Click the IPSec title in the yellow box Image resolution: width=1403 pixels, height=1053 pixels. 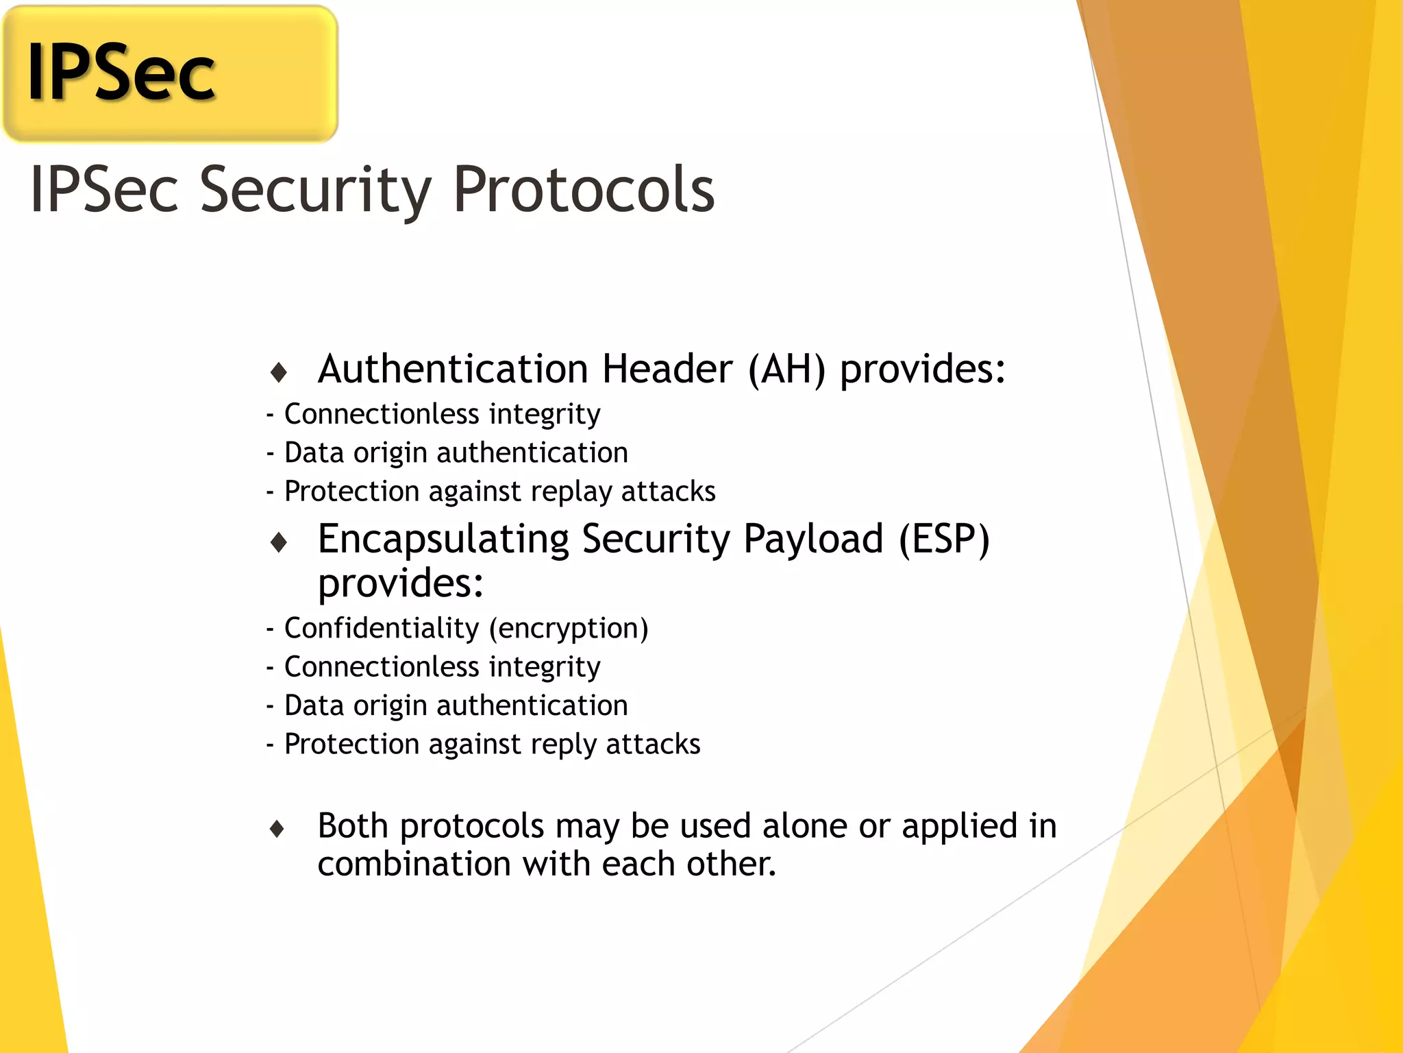click(121, 73)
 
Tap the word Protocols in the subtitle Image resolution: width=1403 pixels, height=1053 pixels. click(584, 190)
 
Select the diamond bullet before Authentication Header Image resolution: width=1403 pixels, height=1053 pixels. click(278, 372)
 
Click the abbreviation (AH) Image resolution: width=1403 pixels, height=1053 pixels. click(786, 370)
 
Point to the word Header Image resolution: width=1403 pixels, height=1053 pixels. click(667, 370)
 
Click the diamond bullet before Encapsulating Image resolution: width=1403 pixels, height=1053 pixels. click(278, 542)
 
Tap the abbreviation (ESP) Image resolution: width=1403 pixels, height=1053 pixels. click(944, 540)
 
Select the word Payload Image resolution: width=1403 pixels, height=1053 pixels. click(813, 540)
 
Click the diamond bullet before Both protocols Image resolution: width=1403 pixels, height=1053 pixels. click(277, 829)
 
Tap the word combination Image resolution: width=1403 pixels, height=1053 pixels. click(414, 864)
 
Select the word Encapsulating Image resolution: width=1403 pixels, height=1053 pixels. click(443, 540)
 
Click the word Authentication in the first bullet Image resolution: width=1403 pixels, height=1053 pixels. click(453, 370)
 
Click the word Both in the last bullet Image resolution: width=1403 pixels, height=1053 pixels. click(353, 826)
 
